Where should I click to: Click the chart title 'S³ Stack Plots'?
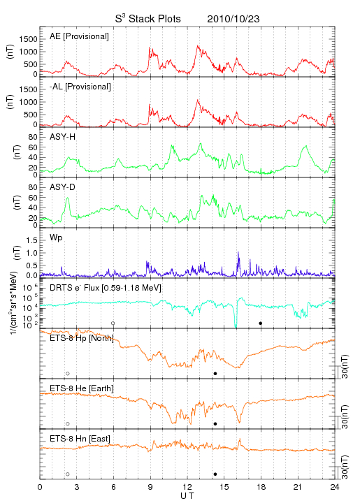click(x=148, y=19)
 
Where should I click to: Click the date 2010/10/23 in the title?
click(x=233, y=19)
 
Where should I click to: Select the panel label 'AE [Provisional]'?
click(x=79, y=36)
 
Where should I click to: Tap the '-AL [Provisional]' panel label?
click(x=80, y=87)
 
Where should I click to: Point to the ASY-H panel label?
click(x=63, y=137)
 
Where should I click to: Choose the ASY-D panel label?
click(x=62, y=187)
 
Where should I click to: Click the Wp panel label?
click(x=56, y=238)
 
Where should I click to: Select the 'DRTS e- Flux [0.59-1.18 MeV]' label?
click(x=106, y=288)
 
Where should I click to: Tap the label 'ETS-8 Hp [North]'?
click(x=82, y=338)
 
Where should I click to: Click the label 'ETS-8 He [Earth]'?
click(x=82, y=388)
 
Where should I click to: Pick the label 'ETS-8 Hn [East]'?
click(x=80, y=439)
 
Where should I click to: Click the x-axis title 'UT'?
click(x=187, y=496)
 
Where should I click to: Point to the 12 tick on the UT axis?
click(x=187, y=487)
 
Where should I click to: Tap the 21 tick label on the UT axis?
click(x=298, y=487)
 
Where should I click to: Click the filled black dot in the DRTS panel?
click(x=261, y=323)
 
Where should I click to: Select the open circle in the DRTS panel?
click(x=113, y=323)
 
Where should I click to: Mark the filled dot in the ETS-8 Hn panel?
click(x=215, y=474)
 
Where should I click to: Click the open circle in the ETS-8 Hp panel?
click(x=68, y=374)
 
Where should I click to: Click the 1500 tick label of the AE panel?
click(x=28, y=39)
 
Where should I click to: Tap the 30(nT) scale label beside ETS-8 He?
click(x=345, y=416)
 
